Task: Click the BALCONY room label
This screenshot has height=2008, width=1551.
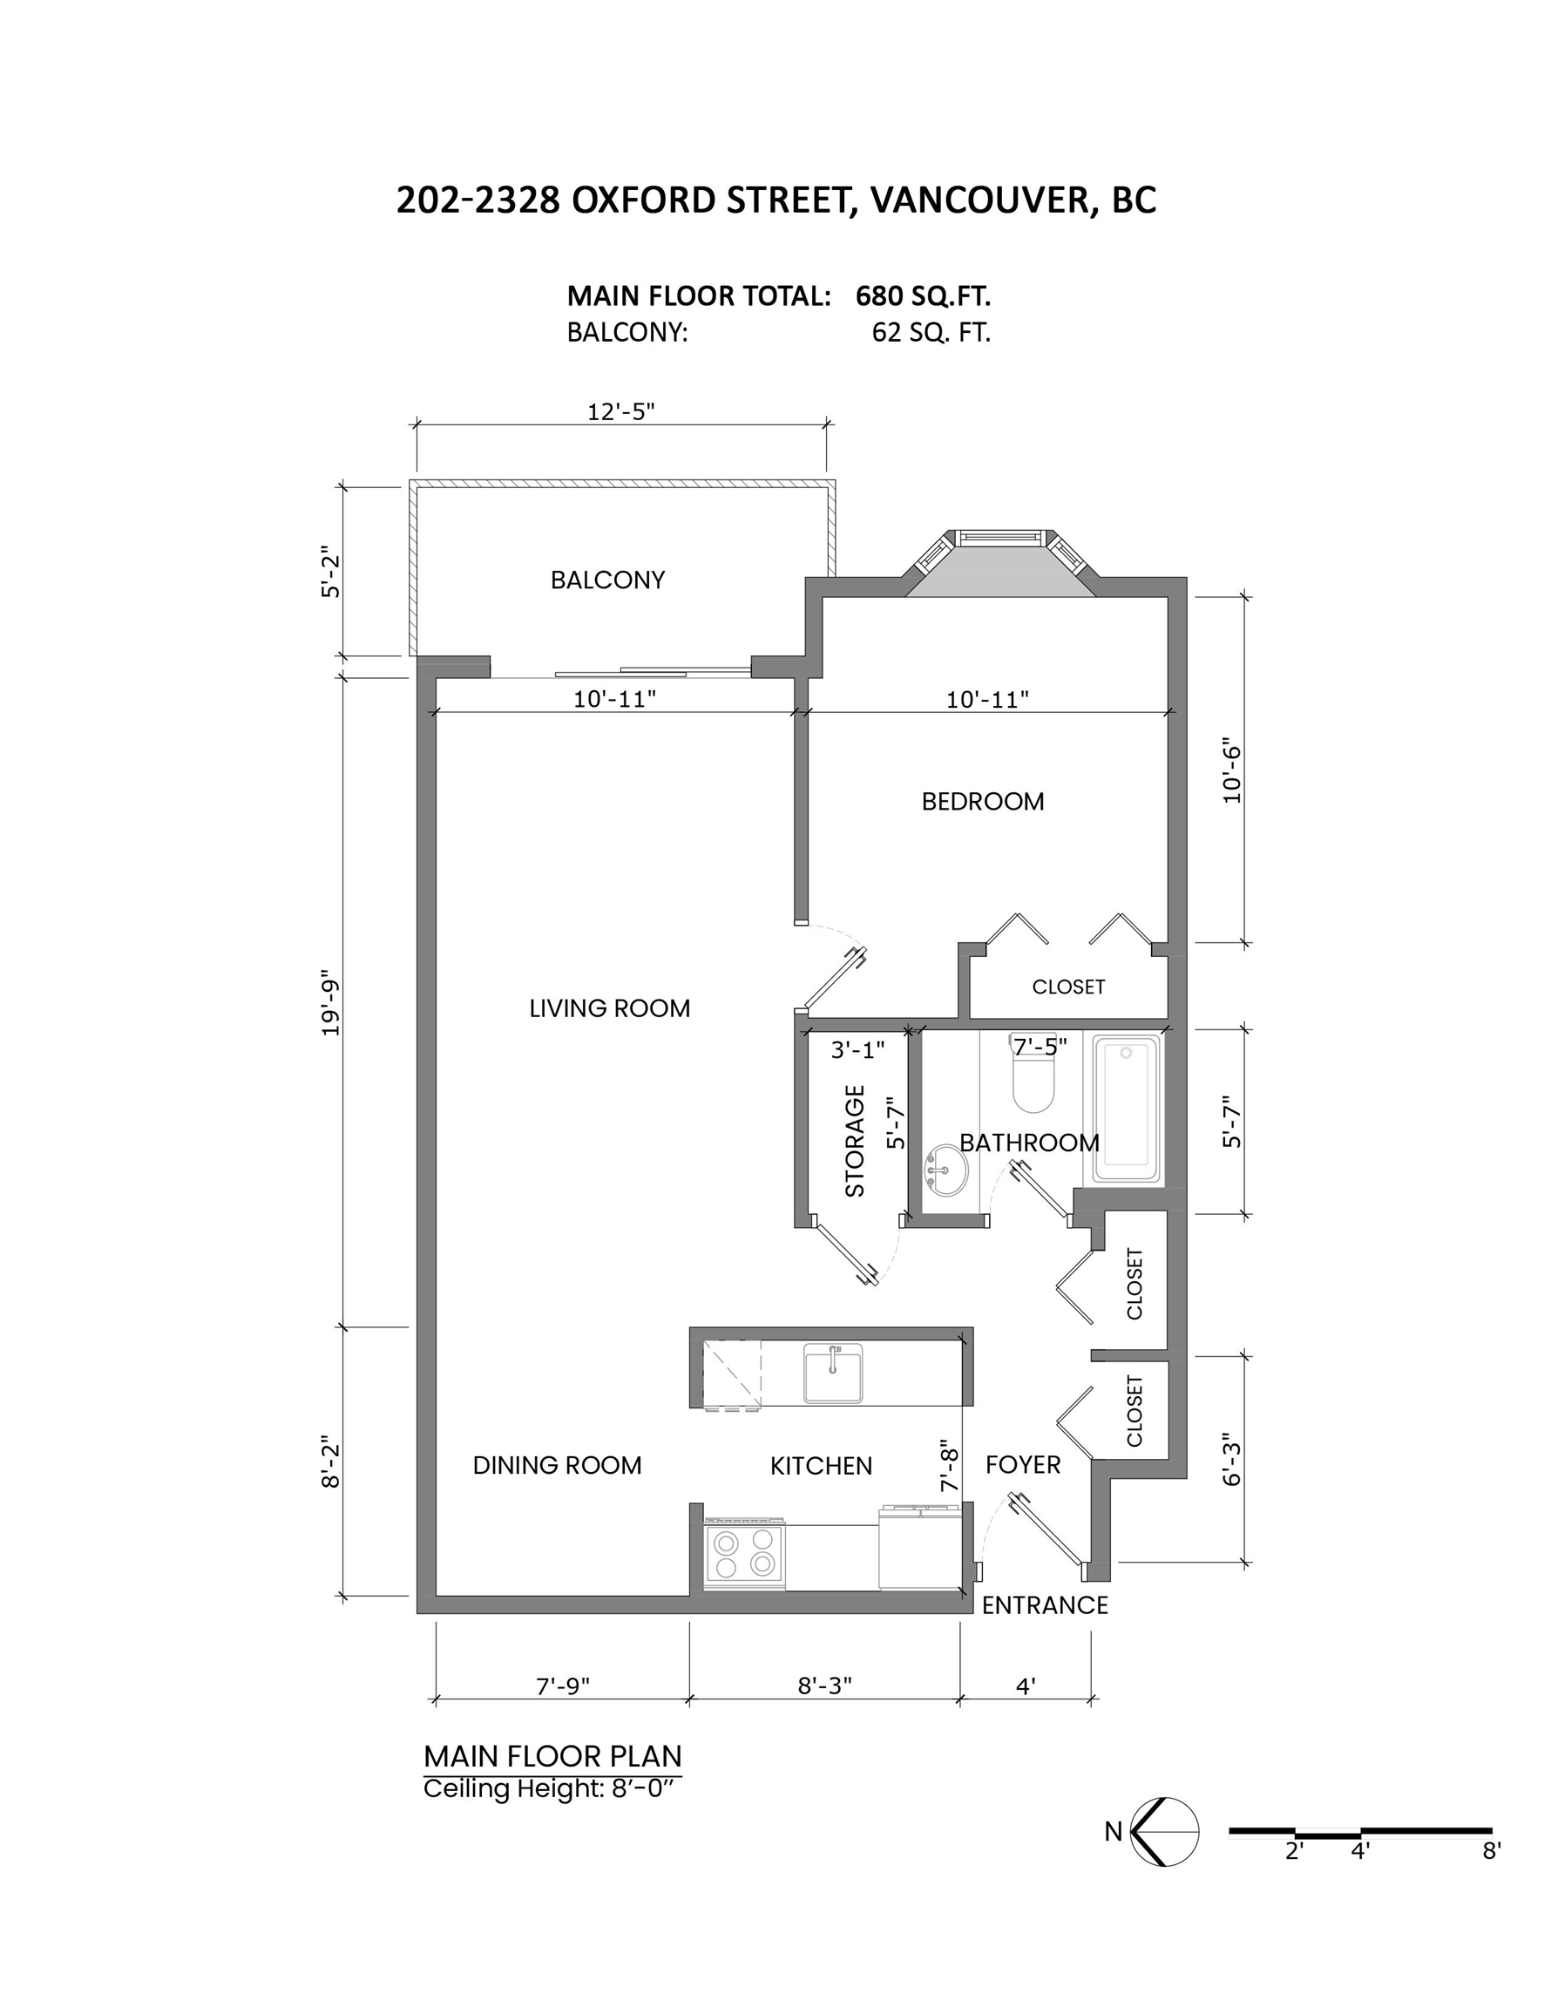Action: [x=606, y=580]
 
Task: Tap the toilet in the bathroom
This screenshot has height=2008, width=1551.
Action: [x=1033, y=1075]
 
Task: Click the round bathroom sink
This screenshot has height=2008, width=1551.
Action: [x=945, y=1170]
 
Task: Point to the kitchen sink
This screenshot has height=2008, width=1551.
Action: [x=833, y=1373]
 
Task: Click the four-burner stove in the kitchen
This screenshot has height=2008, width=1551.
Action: [x=745, y=1553]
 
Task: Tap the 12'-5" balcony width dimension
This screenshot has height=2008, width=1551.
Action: [x=620, y=411]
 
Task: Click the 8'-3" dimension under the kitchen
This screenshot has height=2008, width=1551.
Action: [x=824, y=1686]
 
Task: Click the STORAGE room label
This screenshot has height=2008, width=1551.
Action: [x=855, y=1141]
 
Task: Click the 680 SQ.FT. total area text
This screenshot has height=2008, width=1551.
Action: [x=923, y=296]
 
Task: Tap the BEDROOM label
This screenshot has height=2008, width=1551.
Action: [x=983, y=802]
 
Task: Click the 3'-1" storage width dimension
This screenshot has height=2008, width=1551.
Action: [x=857, y=1050]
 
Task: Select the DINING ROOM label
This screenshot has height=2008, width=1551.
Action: [x=557, y=1466]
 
